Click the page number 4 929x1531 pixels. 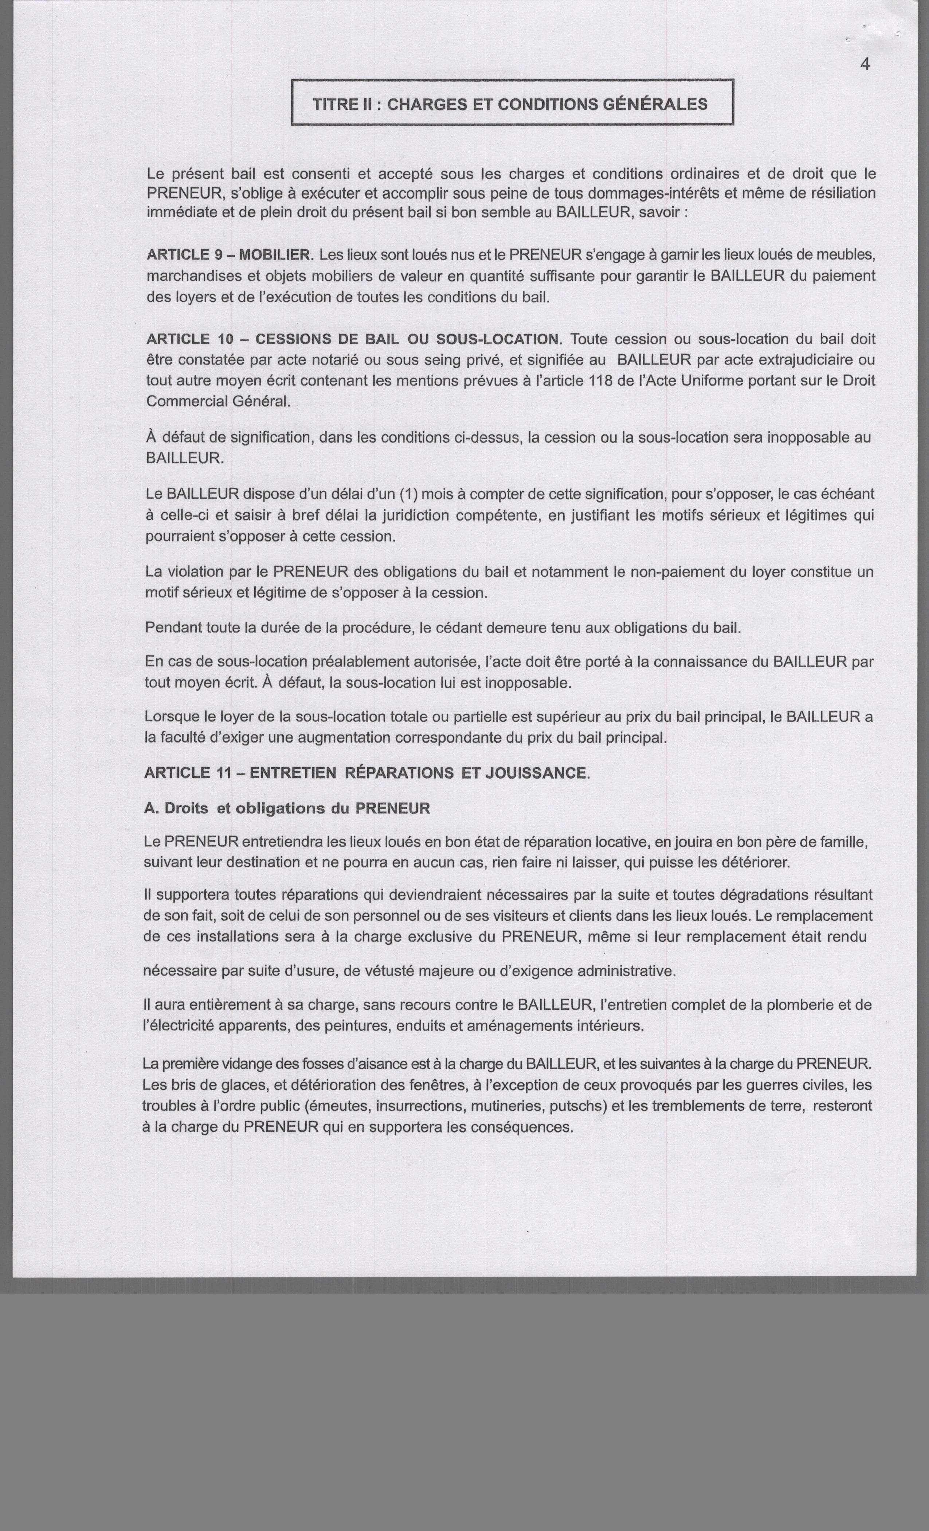tap(865, 64)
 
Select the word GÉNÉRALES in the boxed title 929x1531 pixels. tap(655, 104)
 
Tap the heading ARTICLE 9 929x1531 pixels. tap(184, 255)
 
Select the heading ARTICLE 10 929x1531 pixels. tap(188, 339)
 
